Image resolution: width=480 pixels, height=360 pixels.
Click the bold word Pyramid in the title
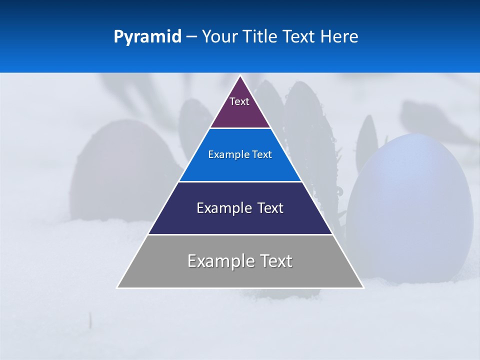pyautogui.click(x=147, y=37)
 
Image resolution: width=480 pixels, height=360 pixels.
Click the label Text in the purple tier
pyautogui.click(x=239, y=101)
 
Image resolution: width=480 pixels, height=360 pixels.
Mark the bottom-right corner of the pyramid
pyautogui.click(x=363, y=287)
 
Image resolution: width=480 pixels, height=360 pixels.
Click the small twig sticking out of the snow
pyautogui.click(x=90, y=320)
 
